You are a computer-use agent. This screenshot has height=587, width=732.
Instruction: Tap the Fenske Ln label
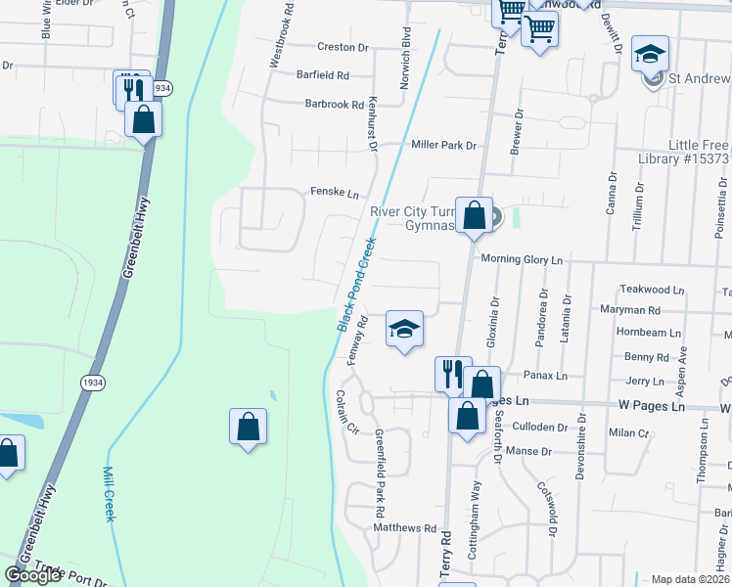pyautogui.click(x=335, y=192)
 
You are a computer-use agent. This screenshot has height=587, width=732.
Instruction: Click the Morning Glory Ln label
pyautogui.click(x=523, y=260)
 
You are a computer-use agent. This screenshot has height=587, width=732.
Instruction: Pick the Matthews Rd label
pyautogui.click(x=404, y=528)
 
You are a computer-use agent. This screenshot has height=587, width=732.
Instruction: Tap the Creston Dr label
pyautogui.click(x=342, y=47)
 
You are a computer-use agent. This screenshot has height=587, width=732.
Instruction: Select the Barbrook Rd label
pyautogui.click(x=334, y=104)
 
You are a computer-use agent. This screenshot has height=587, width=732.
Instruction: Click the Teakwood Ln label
pyautogui.click(x=653, y=291)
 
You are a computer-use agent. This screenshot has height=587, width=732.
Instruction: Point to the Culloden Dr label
pyautogui.click(x=541, y=428)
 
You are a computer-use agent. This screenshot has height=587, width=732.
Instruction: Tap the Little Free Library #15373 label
pyautogui.click(x=699, y=152)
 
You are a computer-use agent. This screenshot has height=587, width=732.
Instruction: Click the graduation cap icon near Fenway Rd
pyautogui.click(x=404, y=329)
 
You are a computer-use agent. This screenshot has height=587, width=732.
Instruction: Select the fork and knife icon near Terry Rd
pyautogui.click(x=452, y=373)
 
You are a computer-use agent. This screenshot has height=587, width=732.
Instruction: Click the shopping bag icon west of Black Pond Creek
pyautogui.click(x=248, y=426)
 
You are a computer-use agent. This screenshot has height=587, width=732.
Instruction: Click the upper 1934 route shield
pyautogui.click(x=162, y=88)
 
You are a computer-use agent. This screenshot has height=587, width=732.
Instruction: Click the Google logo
pyautogui.click(x=33, y=576)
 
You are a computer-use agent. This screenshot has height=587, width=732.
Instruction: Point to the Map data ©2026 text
pyautogui.click(x=690, y=579)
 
